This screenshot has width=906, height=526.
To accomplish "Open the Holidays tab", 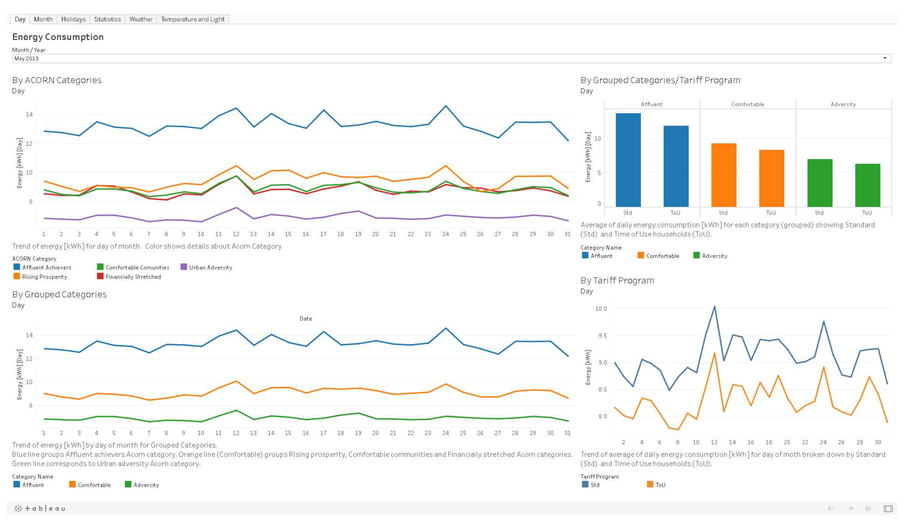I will coord(73,19).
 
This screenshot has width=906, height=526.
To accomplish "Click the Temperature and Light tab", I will coord(192,19).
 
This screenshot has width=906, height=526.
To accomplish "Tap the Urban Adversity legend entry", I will coord(210,267).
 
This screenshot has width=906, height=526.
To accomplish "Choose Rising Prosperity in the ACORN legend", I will coord(44,277).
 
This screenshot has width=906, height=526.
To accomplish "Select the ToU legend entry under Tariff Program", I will coord(660,485).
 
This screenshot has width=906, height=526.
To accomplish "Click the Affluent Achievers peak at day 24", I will coord(446,106).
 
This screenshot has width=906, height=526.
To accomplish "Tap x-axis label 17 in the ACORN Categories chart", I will coord(323,234).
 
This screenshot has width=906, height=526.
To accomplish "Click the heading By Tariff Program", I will coord(617,280).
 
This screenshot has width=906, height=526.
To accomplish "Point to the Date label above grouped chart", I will coord(306,318).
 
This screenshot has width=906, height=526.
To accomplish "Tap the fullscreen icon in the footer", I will coord(888,508).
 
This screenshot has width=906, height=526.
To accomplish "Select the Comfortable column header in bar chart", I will coord(747,104).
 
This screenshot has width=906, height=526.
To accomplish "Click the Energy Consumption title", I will coord(58,37).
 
